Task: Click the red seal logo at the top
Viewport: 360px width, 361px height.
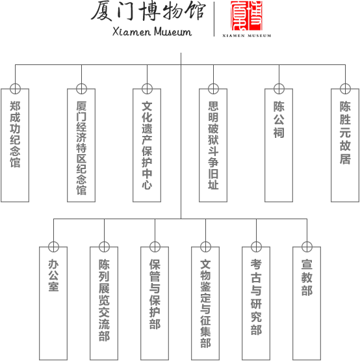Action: pos(246,16)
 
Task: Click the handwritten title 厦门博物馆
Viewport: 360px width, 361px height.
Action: pos(148,11)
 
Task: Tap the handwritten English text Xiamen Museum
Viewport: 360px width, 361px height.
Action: pos(152,31)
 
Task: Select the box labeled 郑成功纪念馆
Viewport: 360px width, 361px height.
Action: pos(15,145)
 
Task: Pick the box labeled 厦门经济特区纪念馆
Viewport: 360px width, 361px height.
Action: pos(81,145)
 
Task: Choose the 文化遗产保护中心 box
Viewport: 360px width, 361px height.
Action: pos(147,145)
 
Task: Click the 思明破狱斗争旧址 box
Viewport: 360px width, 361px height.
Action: pos(213,145)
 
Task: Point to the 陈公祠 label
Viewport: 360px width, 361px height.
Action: pos(279,120)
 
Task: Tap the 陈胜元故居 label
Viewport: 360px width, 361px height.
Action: pos(345,133)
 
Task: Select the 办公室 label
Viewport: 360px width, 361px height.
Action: pos(53,275)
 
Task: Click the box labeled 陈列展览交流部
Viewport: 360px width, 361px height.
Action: pos(104,303)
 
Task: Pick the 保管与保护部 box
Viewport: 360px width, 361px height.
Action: pos(155,303)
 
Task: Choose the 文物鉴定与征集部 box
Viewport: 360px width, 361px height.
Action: pos(205,303)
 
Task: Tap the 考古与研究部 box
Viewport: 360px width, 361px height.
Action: pos(256,303)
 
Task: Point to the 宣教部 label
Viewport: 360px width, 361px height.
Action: pos(307,278)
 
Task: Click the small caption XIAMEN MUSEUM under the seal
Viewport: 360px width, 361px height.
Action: pos(246,36)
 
